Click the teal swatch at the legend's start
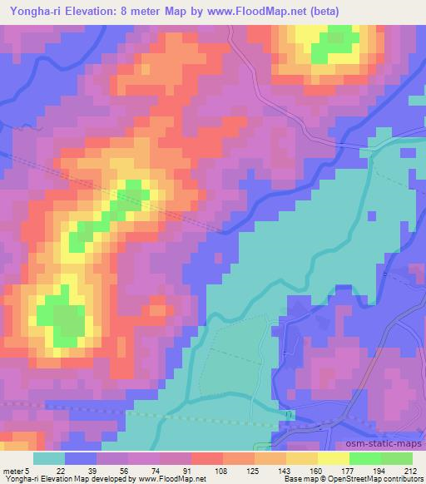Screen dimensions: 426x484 (x=50, y=459)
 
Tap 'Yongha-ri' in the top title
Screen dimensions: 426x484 (x=32, y=11)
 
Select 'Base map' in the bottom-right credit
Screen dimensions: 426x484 (x=298, y=479)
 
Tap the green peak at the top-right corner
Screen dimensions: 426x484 (x=337, y=43)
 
